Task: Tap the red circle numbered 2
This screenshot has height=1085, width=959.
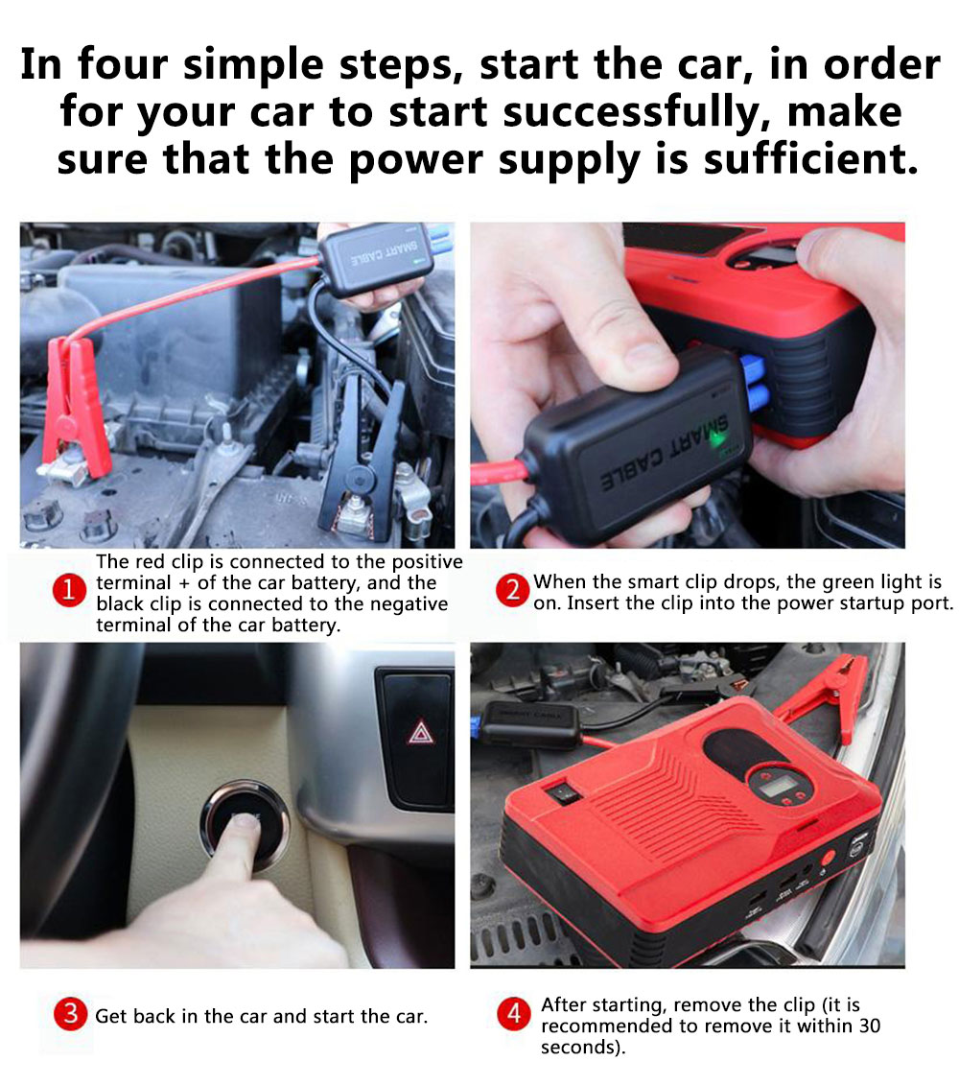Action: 513,590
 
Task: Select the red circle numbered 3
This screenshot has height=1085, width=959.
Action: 71,1014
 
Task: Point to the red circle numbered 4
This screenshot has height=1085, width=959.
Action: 514,1014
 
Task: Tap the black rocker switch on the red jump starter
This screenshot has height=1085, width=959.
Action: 562,792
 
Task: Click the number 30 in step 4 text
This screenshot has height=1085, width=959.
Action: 869,1026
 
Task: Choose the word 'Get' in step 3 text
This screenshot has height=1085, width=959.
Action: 110,1016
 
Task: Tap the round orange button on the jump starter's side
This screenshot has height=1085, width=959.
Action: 826,858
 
